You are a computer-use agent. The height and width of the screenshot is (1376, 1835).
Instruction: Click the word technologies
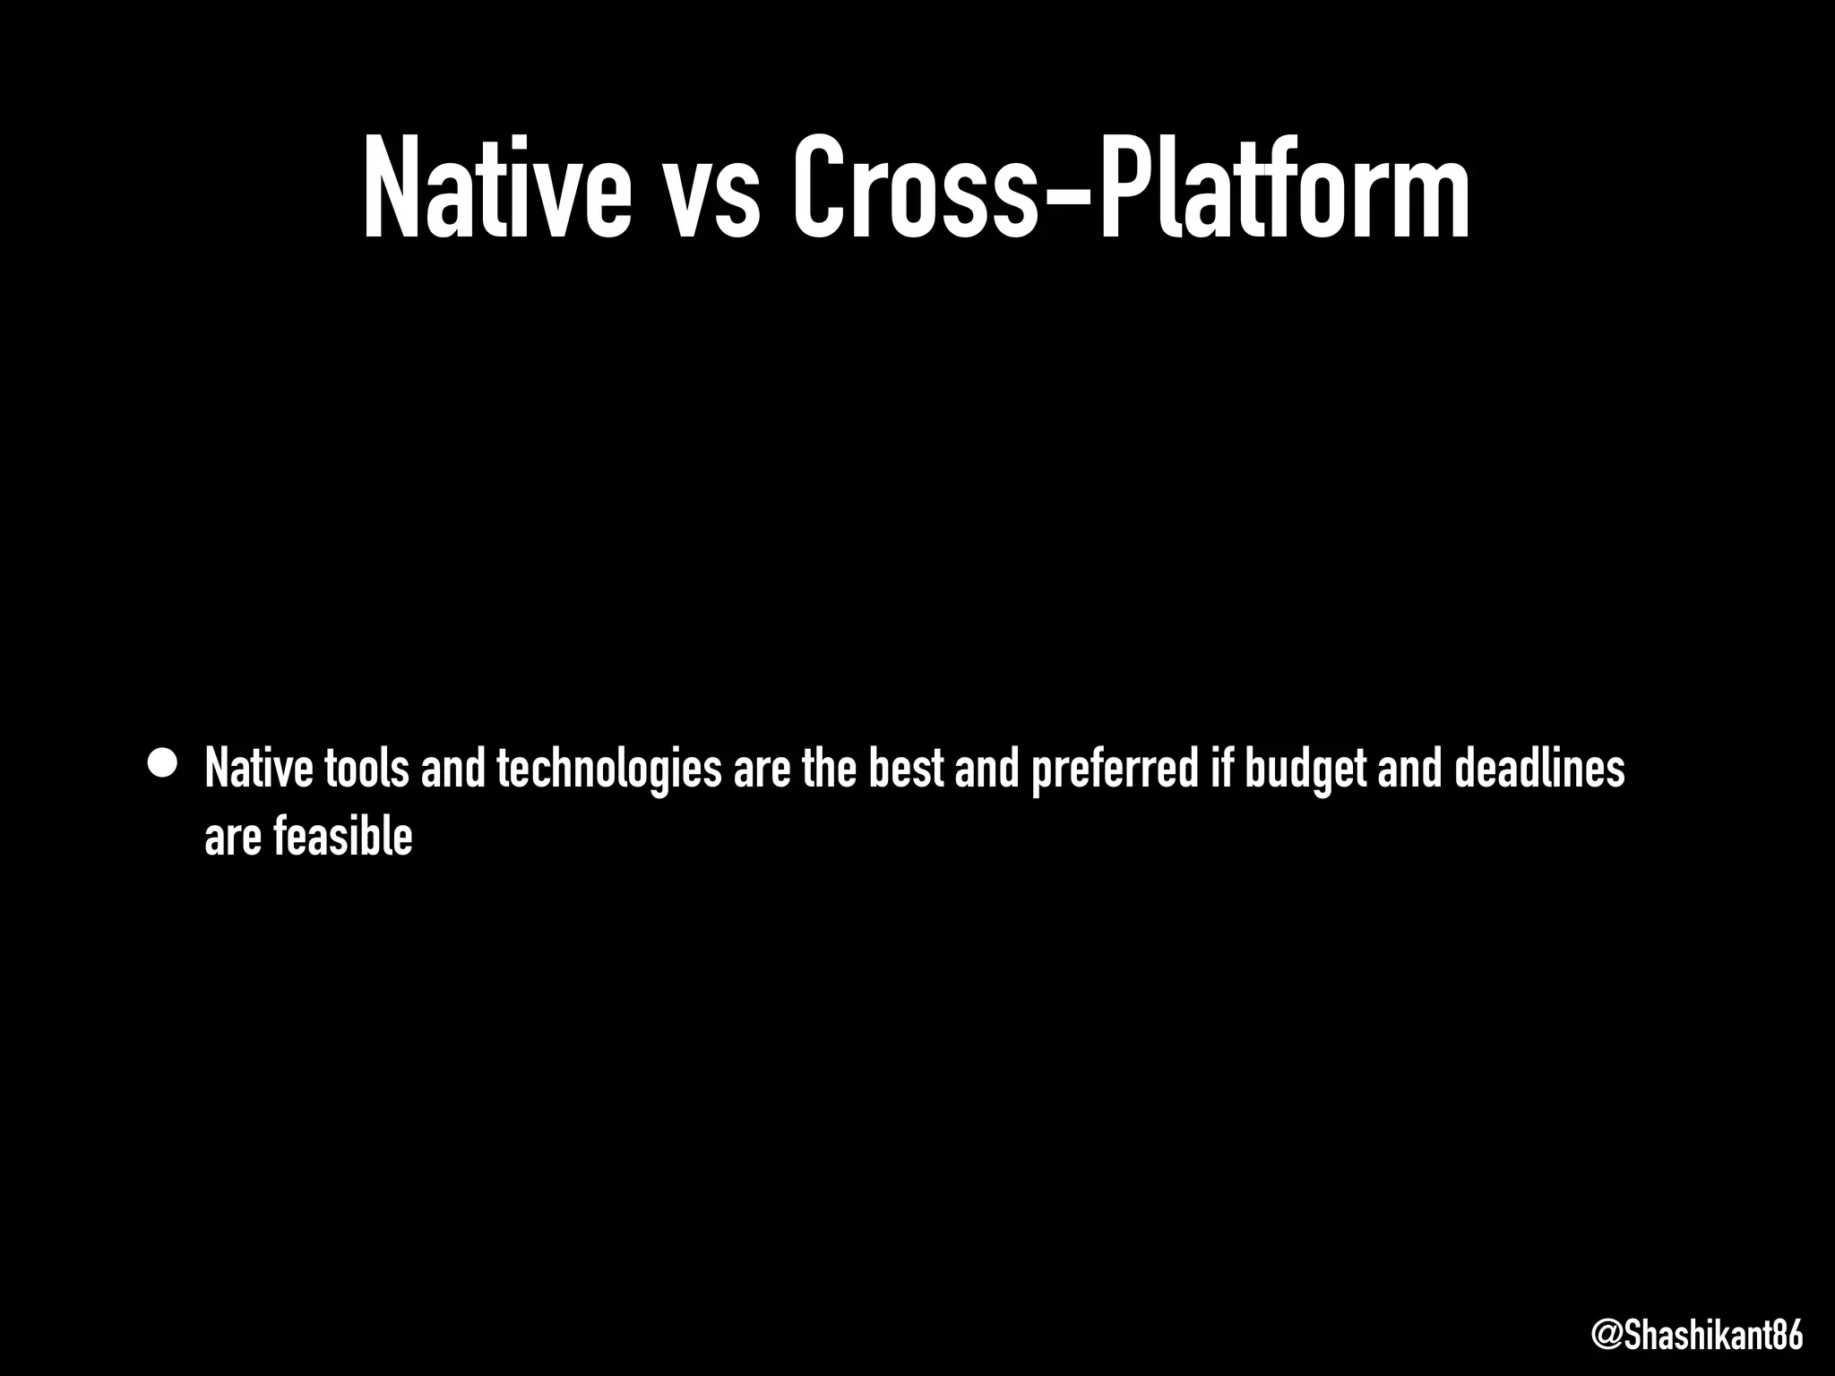(608, 770)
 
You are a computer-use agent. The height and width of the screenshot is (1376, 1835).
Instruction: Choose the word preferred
(1115, 770)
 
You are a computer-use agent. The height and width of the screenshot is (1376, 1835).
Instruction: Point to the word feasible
(342, 837)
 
